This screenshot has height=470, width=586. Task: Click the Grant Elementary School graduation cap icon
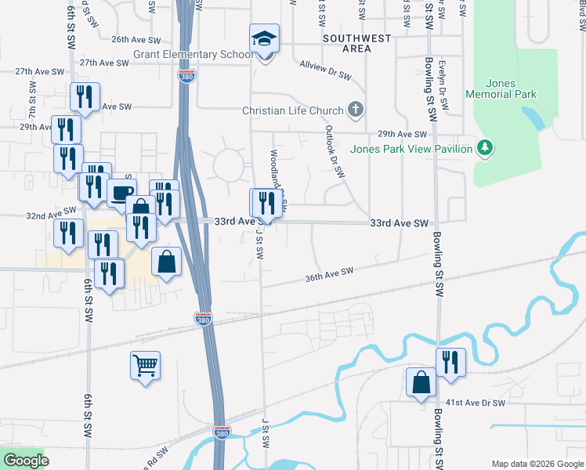point(265,38)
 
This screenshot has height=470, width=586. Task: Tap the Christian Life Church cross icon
point(356,110)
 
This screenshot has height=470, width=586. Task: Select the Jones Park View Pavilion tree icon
point(486,147)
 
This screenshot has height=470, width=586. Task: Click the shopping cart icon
point(146,364)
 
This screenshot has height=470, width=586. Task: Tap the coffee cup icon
point(121,192)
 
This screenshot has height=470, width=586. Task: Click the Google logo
point(25,460)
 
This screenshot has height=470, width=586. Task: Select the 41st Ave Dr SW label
point(476,403)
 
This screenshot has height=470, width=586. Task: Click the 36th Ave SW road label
point(330,273)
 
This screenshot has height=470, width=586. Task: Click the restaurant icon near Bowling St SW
point(450,362)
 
